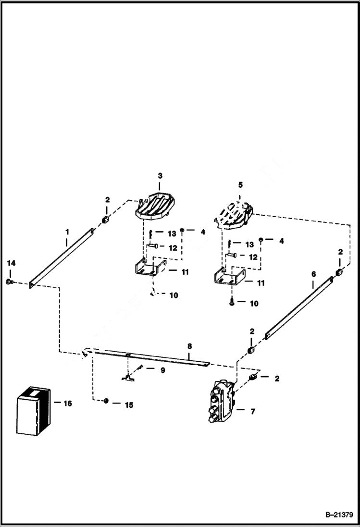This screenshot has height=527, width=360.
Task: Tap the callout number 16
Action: point(68,404)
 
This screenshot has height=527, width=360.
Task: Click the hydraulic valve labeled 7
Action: point(221,402)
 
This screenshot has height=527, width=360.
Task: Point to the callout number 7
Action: point(253,411)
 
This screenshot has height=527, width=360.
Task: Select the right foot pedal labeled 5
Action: point(236,212)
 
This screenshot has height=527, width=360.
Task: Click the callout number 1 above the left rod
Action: point(67,232)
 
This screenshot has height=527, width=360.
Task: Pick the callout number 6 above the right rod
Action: point(313,274)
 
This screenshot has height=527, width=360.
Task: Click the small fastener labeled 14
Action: point(10,281)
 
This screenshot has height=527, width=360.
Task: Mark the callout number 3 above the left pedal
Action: point(160,176)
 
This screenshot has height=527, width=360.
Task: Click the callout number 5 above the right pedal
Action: point(240,184)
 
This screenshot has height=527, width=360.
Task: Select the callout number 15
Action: point(128,405)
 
